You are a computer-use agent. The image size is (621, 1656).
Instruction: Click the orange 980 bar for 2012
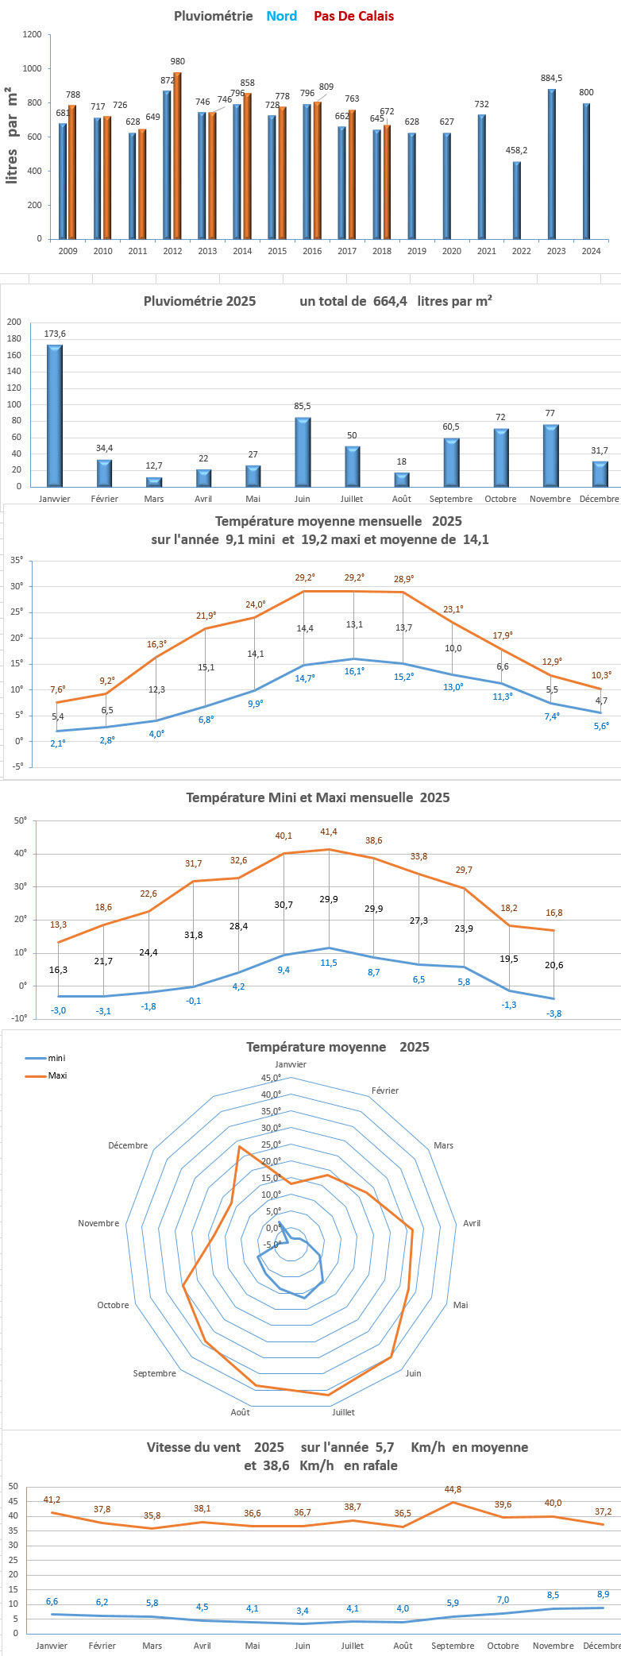coord(177,156)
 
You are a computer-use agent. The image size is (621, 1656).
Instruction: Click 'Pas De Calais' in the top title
coord(353,16)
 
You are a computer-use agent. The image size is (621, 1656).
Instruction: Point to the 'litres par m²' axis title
coord(12,135)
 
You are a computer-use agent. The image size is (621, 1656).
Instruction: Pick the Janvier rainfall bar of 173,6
coord(54,415)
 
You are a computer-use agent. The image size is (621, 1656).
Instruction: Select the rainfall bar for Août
coord(403,479)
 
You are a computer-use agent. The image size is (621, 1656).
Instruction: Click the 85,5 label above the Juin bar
coord(302,407)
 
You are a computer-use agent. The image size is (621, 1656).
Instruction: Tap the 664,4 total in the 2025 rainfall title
coord(390,301)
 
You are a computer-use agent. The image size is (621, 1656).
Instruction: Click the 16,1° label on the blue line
coord(353,671)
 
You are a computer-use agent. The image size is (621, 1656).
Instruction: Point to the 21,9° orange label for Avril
coord(206,616)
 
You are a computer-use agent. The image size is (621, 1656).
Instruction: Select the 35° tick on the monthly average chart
coord(17,560)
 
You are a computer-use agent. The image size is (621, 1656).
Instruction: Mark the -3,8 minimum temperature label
coord(554,1013)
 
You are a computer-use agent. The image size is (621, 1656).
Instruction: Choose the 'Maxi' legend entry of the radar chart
coord(57,1075)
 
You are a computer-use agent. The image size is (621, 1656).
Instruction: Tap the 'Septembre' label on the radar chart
coord(155,1373)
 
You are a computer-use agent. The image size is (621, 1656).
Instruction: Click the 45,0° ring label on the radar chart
coord(272,1078)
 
